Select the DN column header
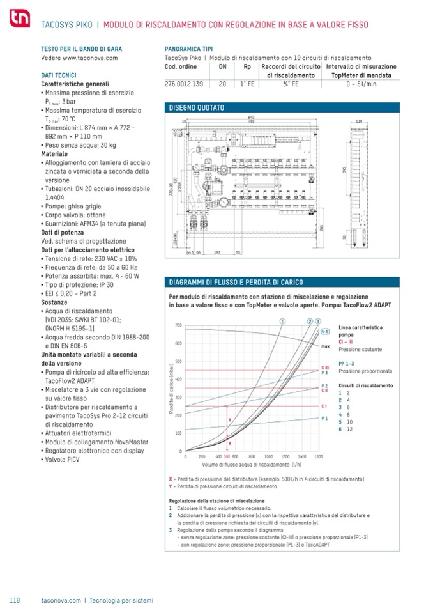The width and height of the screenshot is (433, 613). [x=222, y=66]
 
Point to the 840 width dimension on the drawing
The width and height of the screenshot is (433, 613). [x=252, y=117]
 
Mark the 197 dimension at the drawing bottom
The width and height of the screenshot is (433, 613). [x=217, y=253]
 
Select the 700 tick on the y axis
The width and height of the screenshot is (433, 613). [x=178, y=325]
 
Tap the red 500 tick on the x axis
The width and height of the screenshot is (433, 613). [x=227, y=457]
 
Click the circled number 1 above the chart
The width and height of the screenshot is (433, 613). [x=282, y=320]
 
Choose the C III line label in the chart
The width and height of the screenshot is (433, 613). [x=324, y=368]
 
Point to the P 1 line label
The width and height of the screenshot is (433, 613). [x=324, y=418]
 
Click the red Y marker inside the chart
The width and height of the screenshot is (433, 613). [x=230, y=420]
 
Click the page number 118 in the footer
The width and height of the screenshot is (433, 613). [x=15, y=600]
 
